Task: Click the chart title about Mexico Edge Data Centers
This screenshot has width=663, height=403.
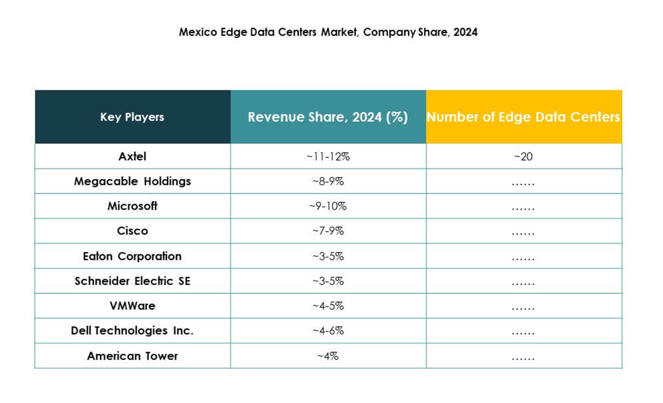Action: point(328,33)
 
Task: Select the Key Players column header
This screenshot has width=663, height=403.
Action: point(132,117)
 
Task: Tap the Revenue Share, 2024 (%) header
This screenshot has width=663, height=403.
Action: point(328,117)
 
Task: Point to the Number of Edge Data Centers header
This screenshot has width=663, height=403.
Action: point(523,117)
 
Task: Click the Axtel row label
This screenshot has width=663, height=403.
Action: point(132,156)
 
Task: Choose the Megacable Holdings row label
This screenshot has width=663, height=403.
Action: point(132,181)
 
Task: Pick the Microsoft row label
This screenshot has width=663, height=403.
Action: point(132,206)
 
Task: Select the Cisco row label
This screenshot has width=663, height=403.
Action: point(132,231)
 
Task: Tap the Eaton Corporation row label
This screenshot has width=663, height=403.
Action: point(132,256)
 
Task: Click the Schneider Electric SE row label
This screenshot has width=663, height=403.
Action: point(132,281)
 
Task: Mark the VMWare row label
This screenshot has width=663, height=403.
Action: point(132,306)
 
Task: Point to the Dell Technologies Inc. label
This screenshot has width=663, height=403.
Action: point(132,331)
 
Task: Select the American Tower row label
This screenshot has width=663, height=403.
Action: point(132,356)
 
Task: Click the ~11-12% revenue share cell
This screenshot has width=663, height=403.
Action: point(328,157)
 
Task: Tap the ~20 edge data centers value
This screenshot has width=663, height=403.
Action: point(523,157)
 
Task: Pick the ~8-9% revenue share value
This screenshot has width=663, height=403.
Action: point(328,181)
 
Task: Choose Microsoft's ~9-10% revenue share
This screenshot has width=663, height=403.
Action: point(328,207)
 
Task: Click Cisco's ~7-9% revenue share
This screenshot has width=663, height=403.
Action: point(328,231)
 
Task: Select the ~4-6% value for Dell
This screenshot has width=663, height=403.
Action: point(328,331)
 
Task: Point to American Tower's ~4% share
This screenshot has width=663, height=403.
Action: point(328,356)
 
